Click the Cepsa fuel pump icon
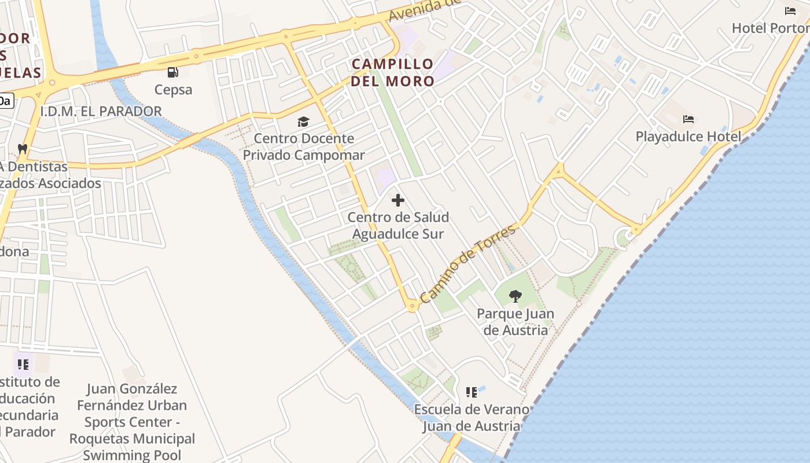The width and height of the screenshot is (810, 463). [172, 72]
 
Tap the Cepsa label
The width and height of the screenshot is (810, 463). [173, 90]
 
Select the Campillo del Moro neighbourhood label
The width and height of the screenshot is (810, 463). [392, 72]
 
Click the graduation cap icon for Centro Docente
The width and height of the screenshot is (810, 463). [303, 122]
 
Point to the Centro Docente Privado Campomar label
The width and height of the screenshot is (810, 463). [304, 147]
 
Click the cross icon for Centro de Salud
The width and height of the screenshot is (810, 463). [398, 200]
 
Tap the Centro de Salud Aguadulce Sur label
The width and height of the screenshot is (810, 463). [398, 226]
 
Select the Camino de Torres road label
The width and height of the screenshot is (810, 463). [467, 263]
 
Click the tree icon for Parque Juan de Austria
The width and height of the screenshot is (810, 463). [515, 296]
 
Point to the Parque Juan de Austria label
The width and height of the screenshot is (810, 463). [515, 322]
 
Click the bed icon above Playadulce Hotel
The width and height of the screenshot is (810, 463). [688, 119]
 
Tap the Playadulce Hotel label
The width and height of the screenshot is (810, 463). [688, 137]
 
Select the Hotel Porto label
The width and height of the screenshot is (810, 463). [770, 28]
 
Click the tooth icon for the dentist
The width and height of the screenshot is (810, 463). [23, 149]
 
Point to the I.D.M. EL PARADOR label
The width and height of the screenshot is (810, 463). [101, 111]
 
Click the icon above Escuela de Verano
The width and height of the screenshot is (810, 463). [472, 392]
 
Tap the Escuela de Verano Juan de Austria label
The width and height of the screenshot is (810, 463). [471, 418]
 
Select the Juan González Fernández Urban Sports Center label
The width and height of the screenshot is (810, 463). [132, 422]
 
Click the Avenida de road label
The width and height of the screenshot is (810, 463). [424, 10]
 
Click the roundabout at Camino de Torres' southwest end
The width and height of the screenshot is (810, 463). [413, 305]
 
